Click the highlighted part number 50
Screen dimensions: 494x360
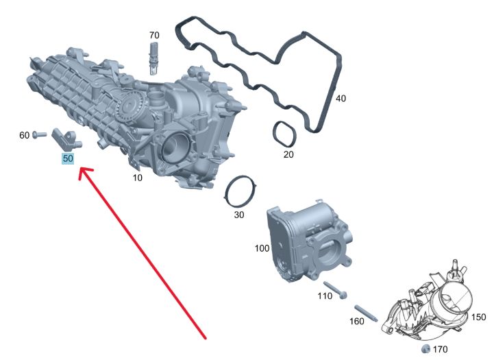[68, 158]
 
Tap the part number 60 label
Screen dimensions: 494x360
[24, 135]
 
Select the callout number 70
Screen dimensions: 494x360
[154, 35]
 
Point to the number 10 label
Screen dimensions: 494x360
[137, 178]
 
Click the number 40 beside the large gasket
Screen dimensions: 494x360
[341, 99]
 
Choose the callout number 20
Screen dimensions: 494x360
[288, 154]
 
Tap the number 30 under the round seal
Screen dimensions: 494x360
[239, 215]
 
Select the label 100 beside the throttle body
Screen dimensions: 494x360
[262, 248]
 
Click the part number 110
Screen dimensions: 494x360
[325, 296]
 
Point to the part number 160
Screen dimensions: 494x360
[357, 321]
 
